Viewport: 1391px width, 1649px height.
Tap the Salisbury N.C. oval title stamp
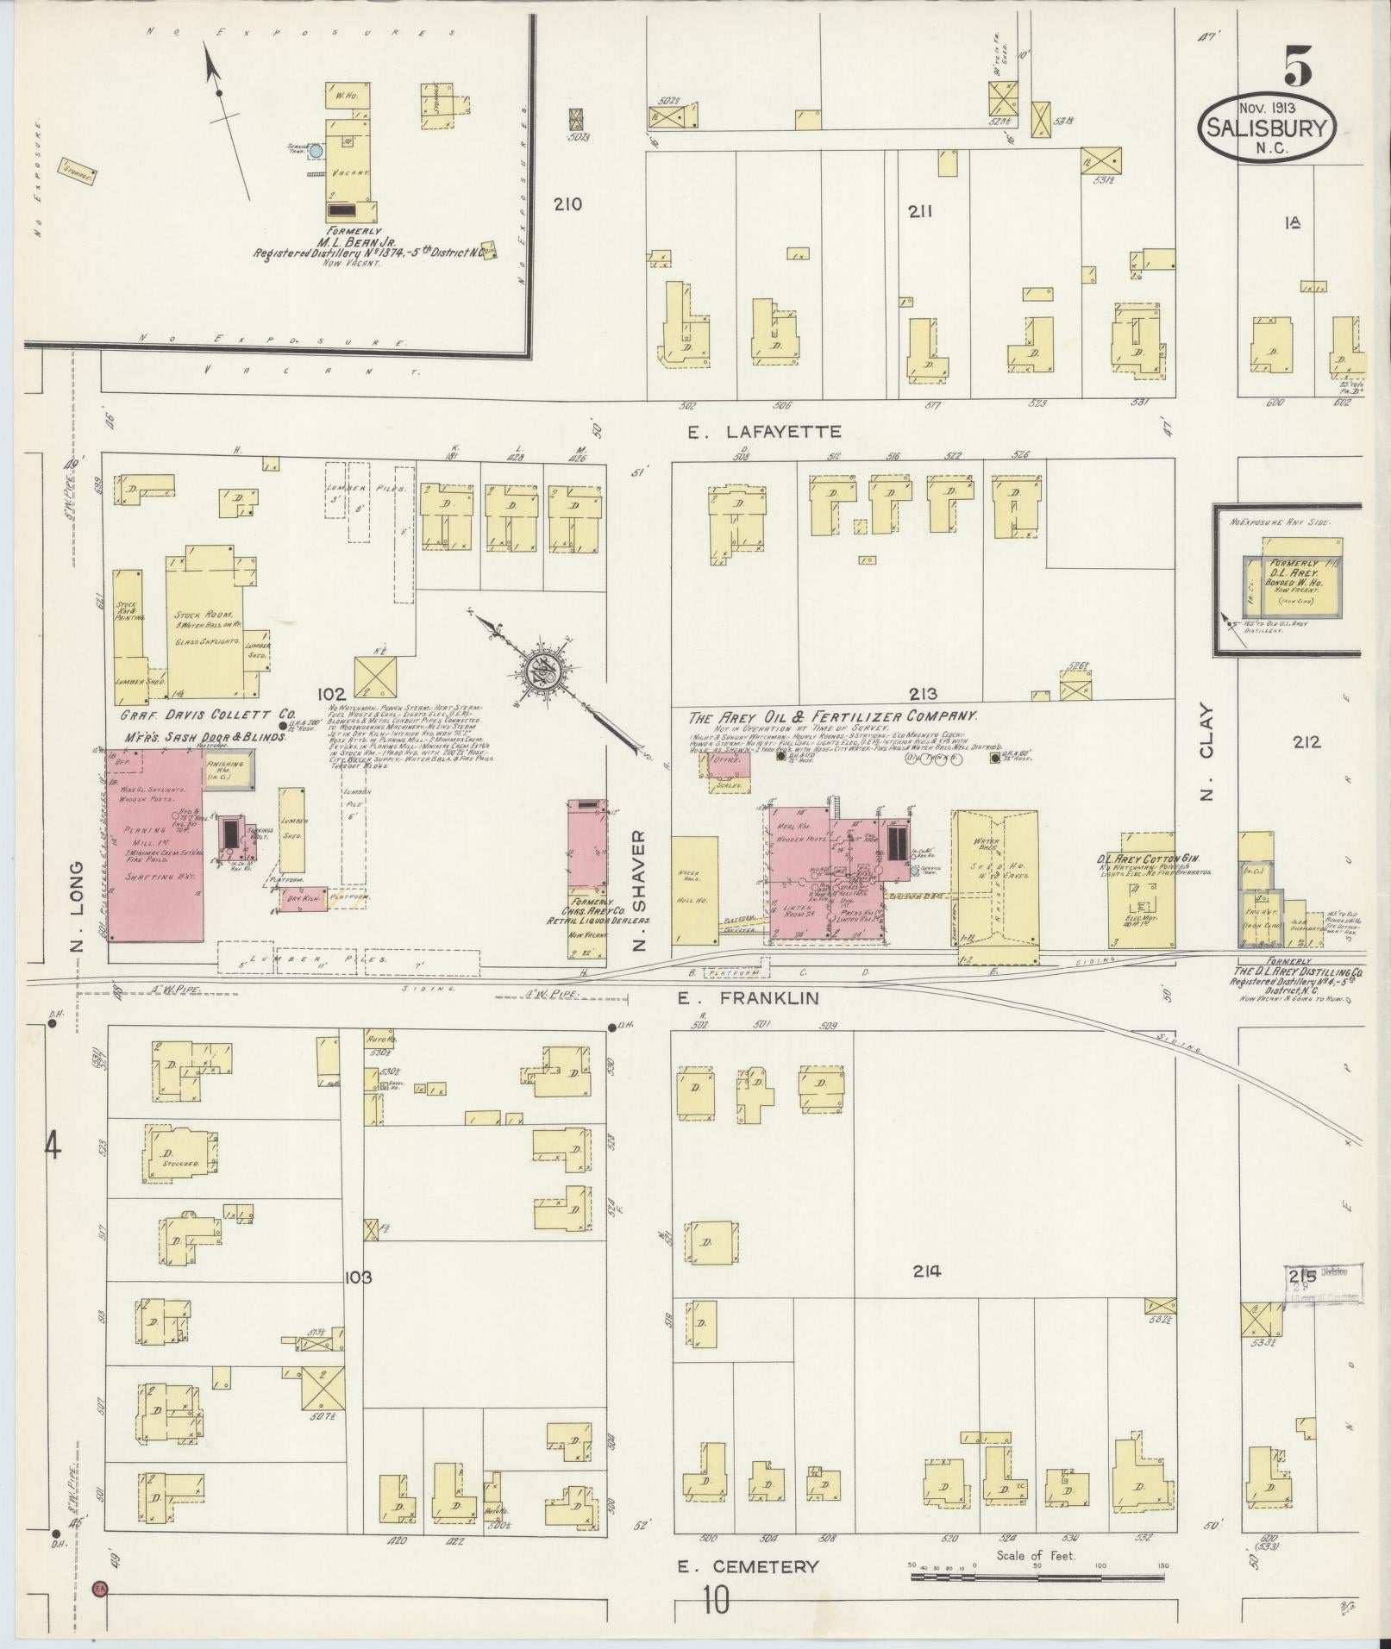(x=1266, y=128)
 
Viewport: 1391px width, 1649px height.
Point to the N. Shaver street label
(x=639, y=890)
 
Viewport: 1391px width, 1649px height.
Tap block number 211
(x=922, y=211)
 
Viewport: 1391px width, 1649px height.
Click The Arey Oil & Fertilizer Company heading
(x=832, y=716)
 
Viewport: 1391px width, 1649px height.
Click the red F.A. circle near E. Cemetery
(x=99, y=1587)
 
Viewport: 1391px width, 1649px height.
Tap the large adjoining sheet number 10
(x=716, y=1601)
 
